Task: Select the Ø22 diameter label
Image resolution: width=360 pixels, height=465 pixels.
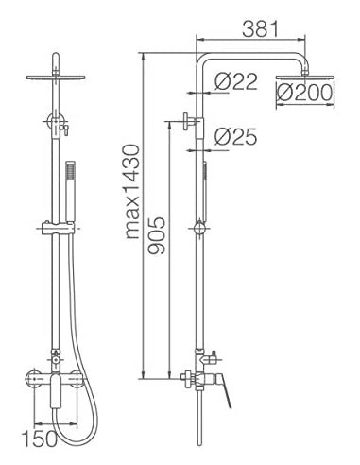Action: coord(235,82)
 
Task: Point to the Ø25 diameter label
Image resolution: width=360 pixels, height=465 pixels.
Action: coord(236,137)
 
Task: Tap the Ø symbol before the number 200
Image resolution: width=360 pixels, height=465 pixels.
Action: coord(284,91)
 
